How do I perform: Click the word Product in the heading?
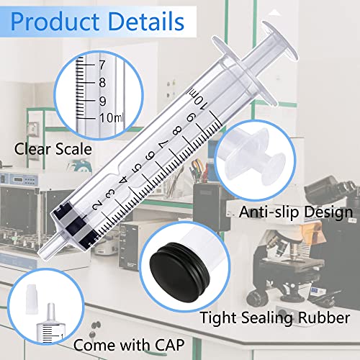point(55,22)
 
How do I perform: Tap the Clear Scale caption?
point(53,149)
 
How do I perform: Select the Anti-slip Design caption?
point(296,212)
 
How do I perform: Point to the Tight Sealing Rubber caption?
point(274,318)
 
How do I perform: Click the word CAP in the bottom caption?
point(170,345)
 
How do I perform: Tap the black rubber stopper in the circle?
point(180,272)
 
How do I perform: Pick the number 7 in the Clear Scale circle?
point(102,65)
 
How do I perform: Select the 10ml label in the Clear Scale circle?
point(111,118)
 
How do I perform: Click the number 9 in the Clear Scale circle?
point(102,102)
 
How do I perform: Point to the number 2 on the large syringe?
point(98,206)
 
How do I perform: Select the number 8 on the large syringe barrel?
point(177,131)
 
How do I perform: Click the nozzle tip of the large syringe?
point(45,250)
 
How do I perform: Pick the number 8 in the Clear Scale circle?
point(102,83)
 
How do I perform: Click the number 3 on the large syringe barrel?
point(110,194)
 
